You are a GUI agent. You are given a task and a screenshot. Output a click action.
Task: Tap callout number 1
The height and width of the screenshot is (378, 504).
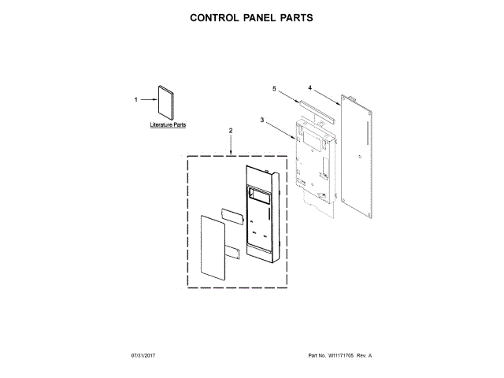(x=135, y=100)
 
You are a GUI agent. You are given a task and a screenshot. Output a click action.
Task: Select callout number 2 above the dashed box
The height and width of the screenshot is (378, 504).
(x=231, y=130)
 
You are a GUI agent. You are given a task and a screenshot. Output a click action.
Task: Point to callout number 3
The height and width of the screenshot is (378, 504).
(x=261, y=120)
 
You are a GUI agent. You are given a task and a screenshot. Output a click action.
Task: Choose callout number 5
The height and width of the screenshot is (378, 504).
(x=274, y=90)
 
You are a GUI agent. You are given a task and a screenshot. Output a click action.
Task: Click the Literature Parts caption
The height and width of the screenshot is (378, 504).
(x=169, y=125)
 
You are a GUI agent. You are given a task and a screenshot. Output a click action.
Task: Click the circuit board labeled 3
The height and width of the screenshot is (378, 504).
(x=313, y=157)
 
